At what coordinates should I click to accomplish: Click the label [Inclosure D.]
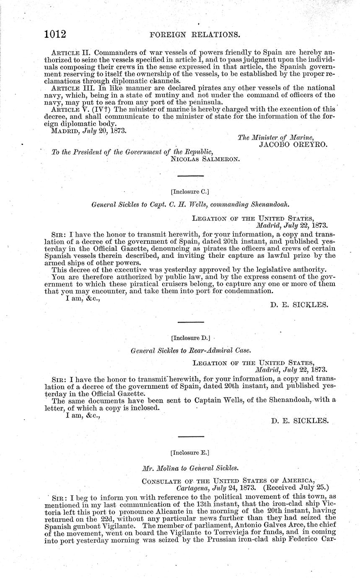191,337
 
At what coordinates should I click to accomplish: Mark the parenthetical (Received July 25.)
295,488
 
